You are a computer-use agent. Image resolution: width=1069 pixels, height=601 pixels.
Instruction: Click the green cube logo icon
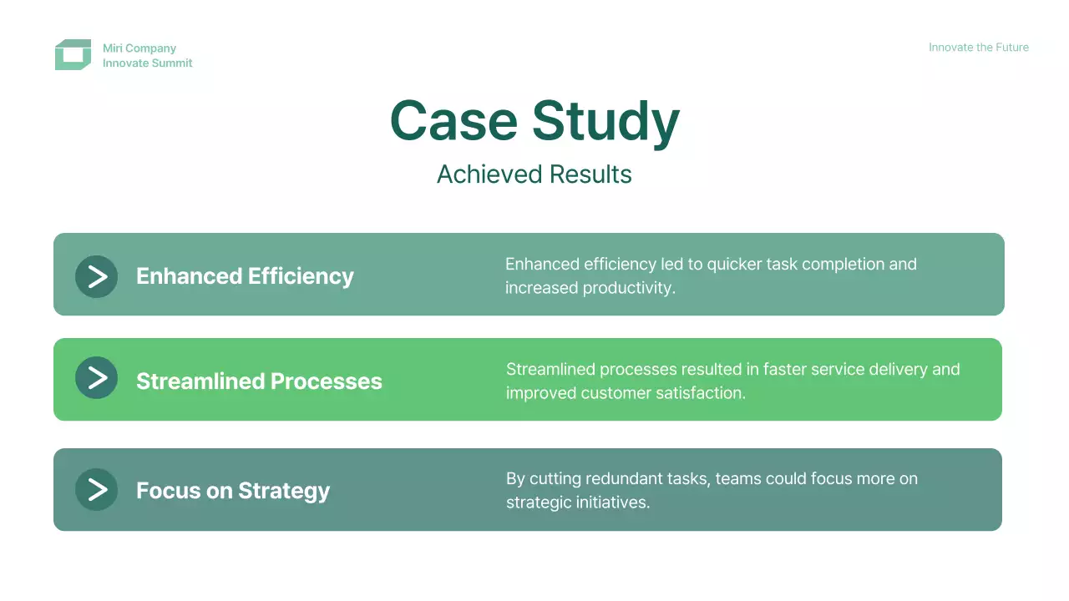(x=73, y=54)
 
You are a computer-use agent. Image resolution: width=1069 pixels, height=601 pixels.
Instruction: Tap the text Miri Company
(x=139, y=48)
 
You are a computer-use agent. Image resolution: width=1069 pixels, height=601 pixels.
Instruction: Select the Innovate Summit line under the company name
(x=148, y=63)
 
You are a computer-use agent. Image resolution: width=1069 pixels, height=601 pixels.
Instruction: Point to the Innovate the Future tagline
(x=978, y=48)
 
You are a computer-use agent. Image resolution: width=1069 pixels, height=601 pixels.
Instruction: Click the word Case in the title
(x=453, y=121)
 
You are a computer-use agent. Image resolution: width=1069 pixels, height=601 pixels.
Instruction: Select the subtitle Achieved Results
(x=534, y=174)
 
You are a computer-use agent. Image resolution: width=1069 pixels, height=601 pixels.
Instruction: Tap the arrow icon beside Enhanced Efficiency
(x=96, y=276)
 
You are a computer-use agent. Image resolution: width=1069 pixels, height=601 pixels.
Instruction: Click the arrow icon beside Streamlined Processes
(x=96, y=378)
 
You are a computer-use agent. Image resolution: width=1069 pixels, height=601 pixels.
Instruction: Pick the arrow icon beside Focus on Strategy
(x=96, y=489)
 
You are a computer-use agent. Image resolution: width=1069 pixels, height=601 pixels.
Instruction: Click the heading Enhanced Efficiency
(x=245, y=276)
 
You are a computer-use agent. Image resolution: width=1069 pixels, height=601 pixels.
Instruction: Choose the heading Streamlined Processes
(x=259, y=381)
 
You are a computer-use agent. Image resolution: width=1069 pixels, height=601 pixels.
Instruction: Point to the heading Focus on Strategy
(x=233, y=491)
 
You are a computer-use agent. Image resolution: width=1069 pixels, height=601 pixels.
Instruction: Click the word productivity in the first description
(x=629, y=288)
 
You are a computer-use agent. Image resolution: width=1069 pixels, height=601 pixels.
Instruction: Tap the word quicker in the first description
(x=734, y=265)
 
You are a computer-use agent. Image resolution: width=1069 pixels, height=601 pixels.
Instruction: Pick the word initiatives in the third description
(x=613, y=503)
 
